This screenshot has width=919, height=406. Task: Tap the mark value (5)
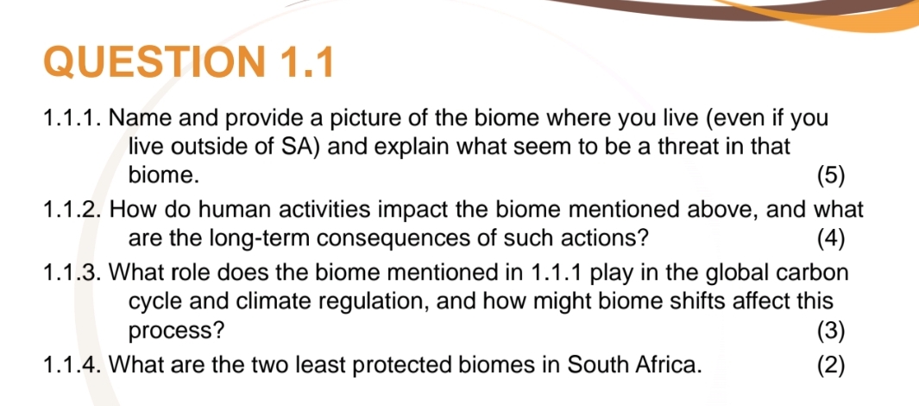click(x=831, y=176)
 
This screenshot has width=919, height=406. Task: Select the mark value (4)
click(x=831, y=238)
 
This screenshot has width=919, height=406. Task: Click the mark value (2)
click(x=831, y=364)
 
